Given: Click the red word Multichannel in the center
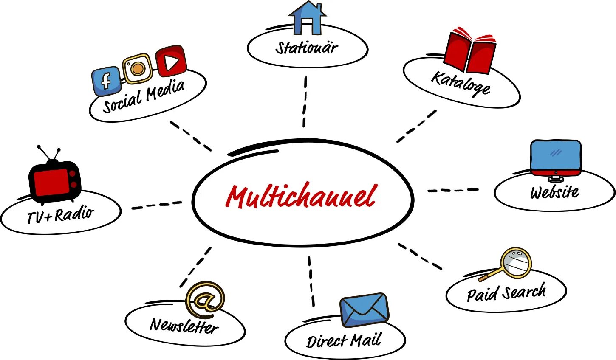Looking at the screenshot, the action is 301,197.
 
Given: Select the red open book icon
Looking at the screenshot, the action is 469,51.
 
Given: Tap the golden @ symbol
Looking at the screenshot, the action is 205,298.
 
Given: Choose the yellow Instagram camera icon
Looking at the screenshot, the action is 137,68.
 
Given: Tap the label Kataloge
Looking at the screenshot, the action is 461,84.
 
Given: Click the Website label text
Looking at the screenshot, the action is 554,192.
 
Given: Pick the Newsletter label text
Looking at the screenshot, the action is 184,326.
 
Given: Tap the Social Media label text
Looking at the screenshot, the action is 144,96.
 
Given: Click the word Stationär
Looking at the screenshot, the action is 307,48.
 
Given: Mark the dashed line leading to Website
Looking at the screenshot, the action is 453,190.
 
